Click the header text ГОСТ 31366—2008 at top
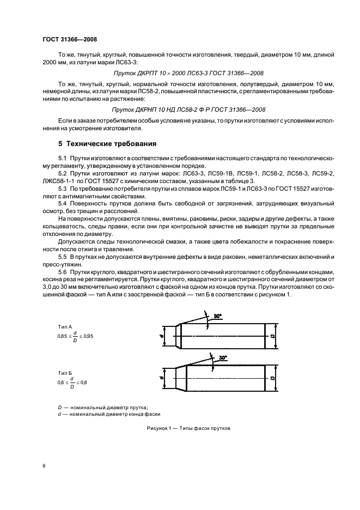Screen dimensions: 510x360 coord(70,39)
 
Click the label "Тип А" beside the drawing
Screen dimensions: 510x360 coord(65,326)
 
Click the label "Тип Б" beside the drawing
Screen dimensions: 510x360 coord(65,372)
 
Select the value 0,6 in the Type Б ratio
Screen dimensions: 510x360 coord(61,383)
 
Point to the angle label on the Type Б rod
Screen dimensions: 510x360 coord(223,358)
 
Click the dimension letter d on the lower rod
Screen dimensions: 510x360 coord(162,377)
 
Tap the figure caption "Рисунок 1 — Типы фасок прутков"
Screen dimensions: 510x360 coord(188,428)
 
